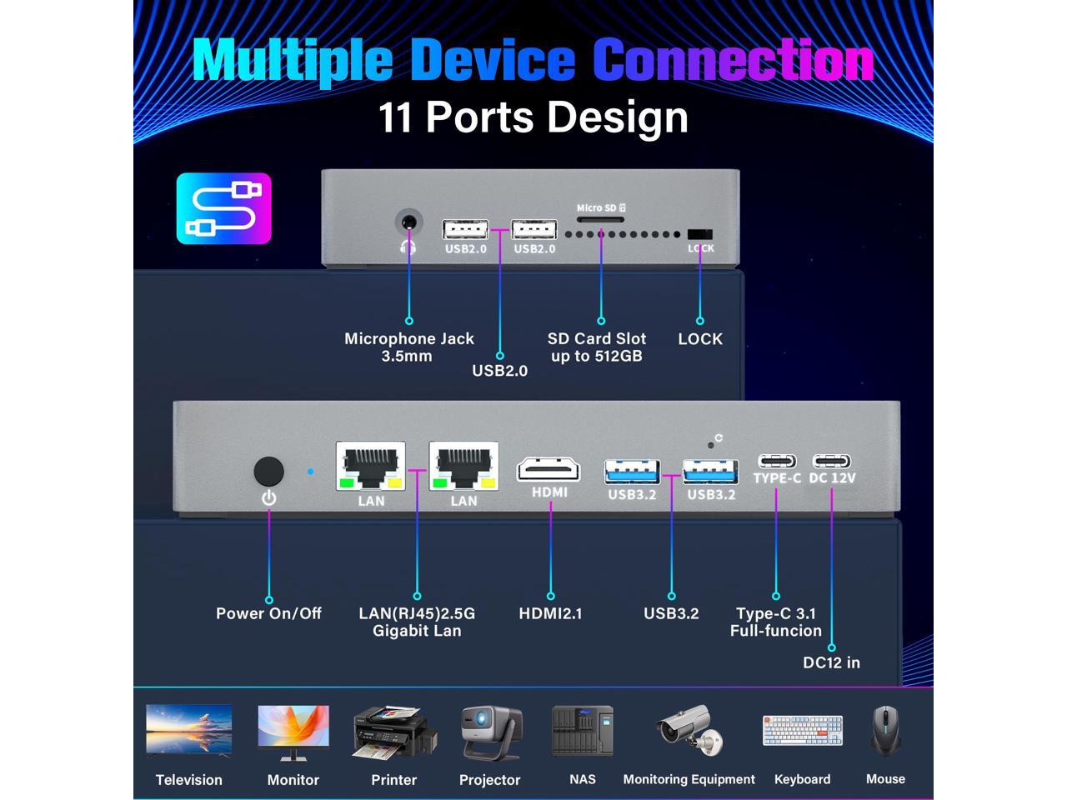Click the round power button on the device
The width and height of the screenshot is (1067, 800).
pos(268,472)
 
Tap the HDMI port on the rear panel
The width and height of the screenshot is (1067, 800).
pos(549,469)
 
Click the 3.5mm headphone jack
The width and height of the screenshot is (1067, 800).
pos(408,224)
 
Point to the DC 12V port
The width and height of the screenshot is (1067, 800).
pos(832,461)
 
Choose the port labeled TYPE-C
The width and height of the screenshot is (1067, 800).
pos(776,461)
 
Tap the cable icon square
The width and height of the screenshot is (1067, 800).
pos(223,208)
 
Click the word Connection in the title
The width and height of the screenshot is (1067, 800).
pos(733,60)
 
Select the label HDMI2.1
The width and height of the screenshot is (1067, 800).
pos(550,613)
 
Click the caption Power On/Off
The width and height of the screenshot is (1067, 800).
pos(268,613)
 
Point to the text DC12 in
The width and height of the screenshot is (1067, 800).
pos(831,662)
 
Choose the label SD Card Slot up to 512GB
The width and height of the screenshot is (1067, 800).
pos(597,347)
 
